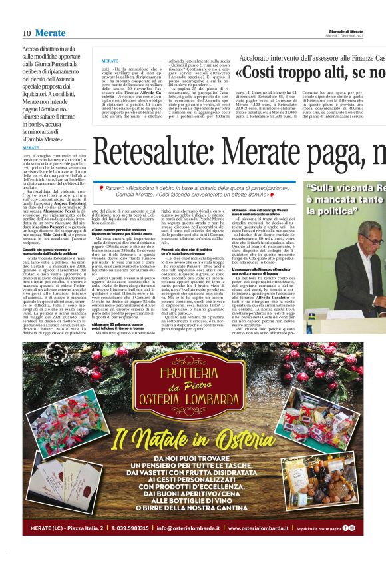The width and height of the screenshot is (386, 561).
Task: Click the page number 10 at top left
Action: (x=27, y=33)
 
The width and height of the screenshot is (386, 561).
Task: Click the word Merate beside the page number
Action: (x=51, y=33)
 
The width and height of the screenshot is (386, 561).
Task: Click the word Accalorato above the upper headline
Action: (x=256, y=59)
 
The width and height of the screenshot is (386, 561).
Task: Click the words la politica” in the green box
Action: (x=330, y=211)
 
